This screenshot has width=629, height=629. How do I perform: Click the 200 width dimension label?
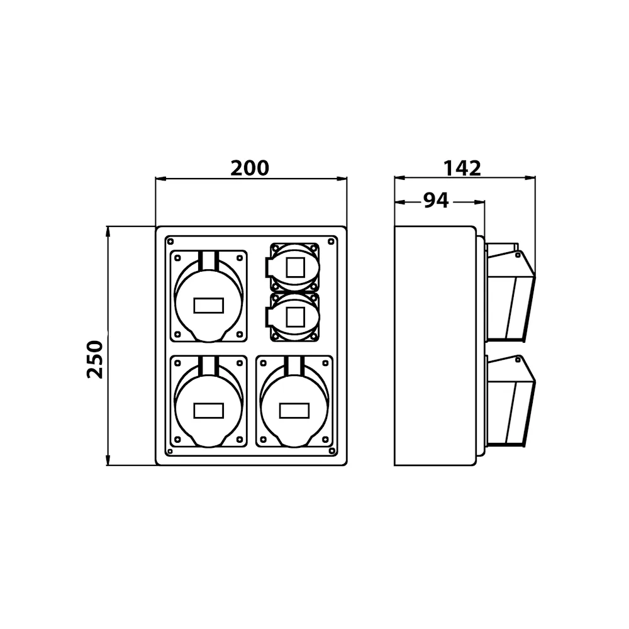[x=250, y=168]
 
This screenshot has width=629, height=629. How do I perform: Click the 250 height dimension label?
[x=95, y=359]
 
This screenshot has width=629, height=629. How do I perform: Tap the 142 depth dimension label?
[x=462, y=168]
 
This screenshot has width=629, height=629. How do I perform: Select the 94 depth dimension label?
[x=436, y=200]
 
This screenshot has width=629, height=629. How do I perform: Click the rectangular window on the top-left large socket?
[x=209, y=306]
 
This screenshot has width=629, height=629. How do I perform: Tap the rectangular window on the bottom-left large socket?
[x=209, y=411]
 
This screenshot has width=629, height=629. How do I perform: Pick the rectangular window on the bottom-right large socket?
[x=294, y=411]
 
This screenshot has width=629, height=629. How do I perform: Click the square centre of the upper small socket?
[x=295, y=267]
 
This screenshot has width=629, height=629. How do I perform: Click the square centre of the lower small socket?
[x=295, y=317]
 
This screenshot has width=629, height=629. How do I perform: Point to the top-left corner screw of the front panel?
[x=170, y=242]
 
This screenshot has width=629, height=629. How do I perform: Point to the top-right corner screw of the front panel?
[x=331, y=242]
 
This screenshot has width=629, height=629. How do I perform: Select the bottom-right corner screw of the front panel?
[x=331, y=451]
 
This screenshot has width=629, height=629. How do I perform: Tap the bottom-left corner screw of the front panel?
[x=170, y=451]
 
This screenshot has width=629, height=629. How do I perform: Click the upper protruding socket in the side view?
[x=510, y=293]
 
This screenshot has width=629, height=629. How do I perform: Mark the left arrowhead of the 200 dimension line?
[x=160, y=179]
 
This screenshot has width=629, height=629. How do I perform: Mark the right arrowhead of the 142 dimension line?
[x=530, y=178]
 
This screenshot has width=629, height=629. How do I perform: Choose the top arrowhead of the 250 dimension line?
[x=108, y=232]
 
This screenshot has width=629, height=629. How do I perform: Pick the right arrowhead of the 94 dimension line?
[x=479, y=202]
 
